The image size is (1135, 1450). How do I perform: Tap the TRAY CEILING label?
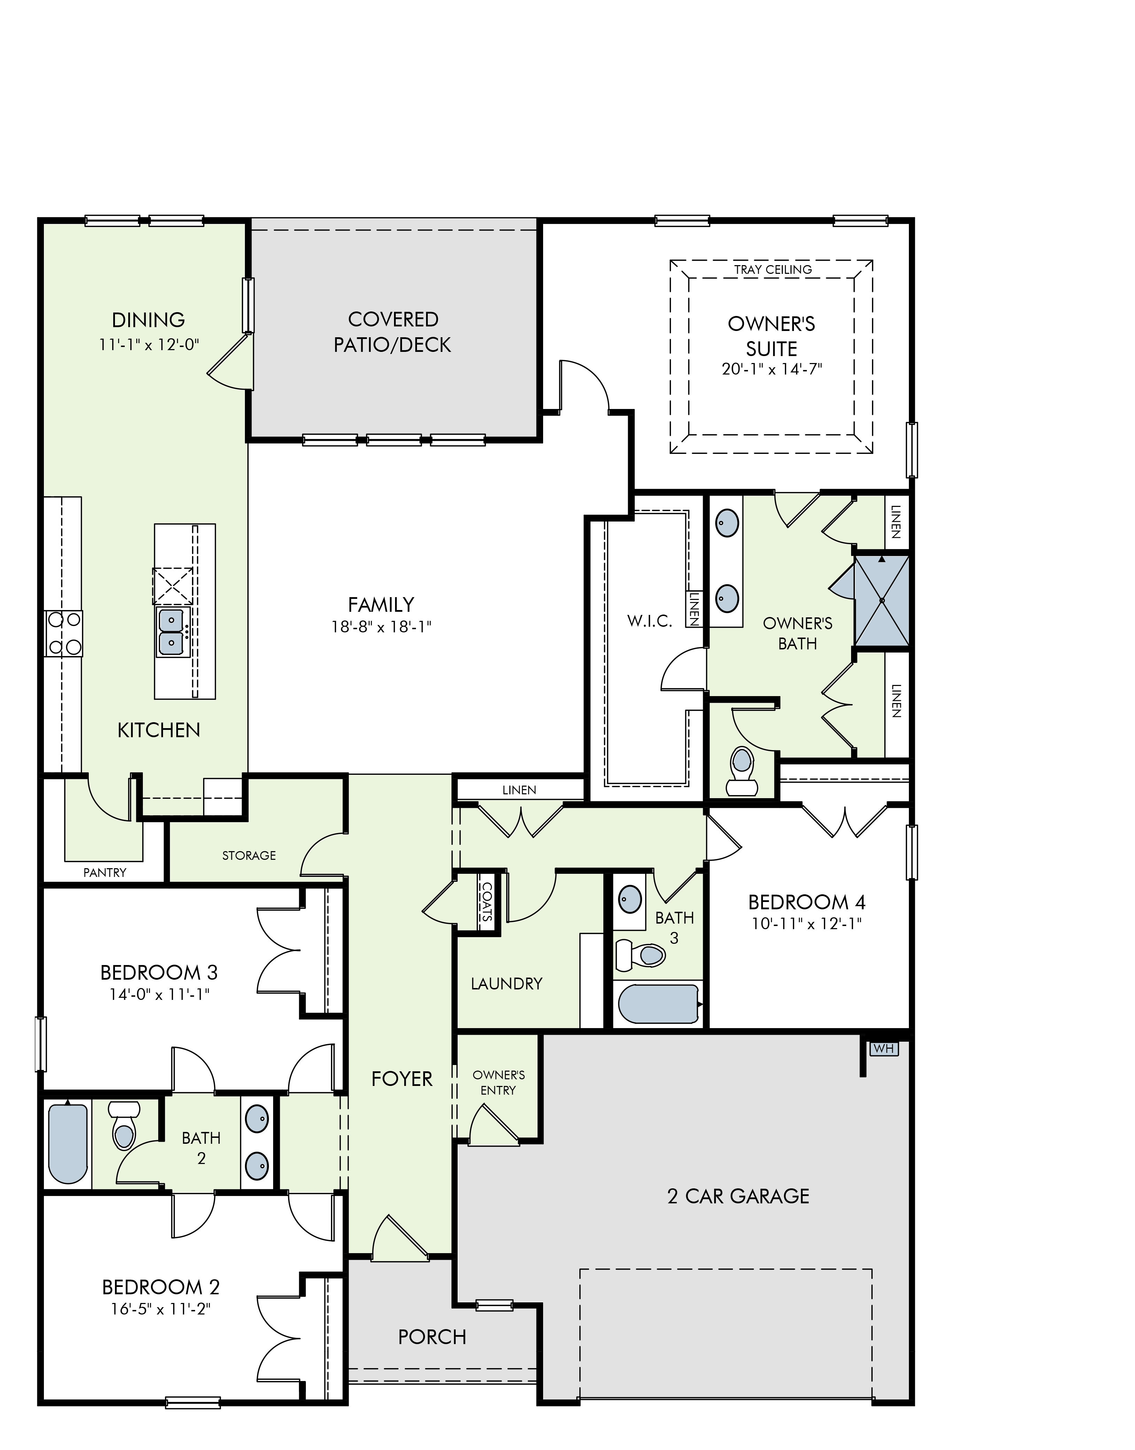[x=773, y=270]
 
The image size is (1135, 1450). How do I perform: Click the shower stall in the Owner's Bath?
[x=882, y=601]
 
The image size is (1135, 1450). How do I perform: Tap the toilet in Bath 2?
[x=124, y=1126]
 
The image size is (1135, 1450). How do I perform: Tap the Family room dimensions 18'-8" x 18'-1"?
[x=381, y=627]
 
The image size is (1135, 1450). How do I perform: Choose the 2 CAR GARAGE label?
[x=738, y=1196]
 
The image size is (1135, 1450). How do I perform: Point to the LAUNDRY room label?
[x=507, y=984]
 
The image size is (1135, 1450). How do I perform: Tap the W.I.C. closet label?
[x=649, y=621]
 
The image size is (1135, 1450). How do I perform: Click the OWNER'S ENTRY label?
[x=499, y=1082]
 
